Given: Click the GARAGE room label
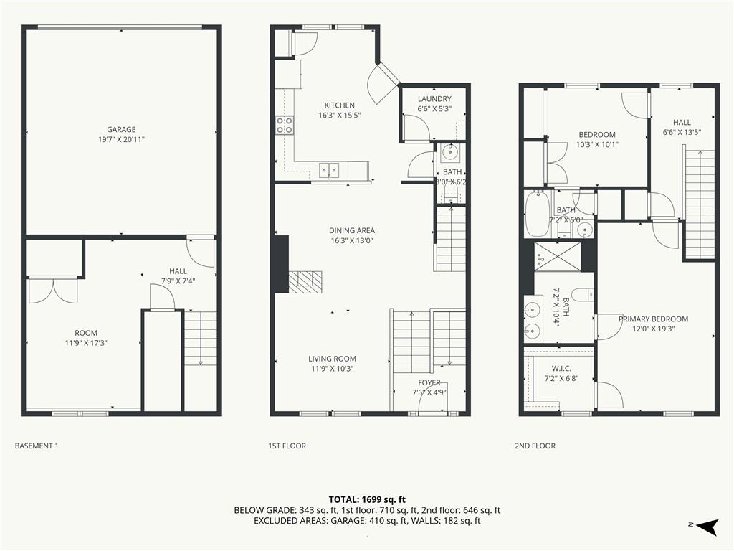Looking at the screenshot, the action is [x=121, y=129].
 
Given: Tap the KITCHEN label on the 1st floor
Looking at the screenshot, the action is [x=339, y=105].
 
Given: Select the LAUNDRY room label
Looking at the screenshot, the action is [x=434, y=99].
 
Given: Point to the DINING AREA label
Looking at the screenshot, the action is [x=351, y=230].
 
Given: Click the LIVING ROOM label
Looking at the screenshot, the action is [x=332, y=359].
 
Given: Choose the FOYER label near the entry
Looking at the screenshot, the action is [x=429, y=383].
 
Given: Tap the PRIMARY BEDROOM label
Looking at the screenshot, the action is [x=653, y=319].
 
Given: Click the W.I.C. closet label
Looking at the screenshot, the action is [x=561, y=369].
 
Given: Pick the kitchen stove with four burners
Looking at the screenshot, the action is [x=285, y=125].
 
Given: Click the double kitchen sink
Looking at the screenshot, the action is [x=329, y=171].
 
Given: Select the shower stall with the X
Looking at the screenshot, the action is [x=558, y=257].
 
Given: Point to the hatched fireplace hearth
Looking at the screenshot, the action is [x=305, y=281].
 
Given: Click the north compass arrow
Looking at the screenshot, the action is [x=707, y=527].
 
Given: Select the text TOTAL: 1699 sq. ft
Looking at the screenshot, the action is [x=367, y=499].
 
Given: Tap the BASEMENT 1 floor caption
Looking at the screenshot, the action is [x=37, y=446].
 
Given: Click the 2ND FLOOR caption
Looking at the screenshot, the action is [x=535, y=446].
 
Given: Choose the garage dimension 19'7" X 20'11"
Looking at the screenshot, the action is [x=121, y=139].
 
